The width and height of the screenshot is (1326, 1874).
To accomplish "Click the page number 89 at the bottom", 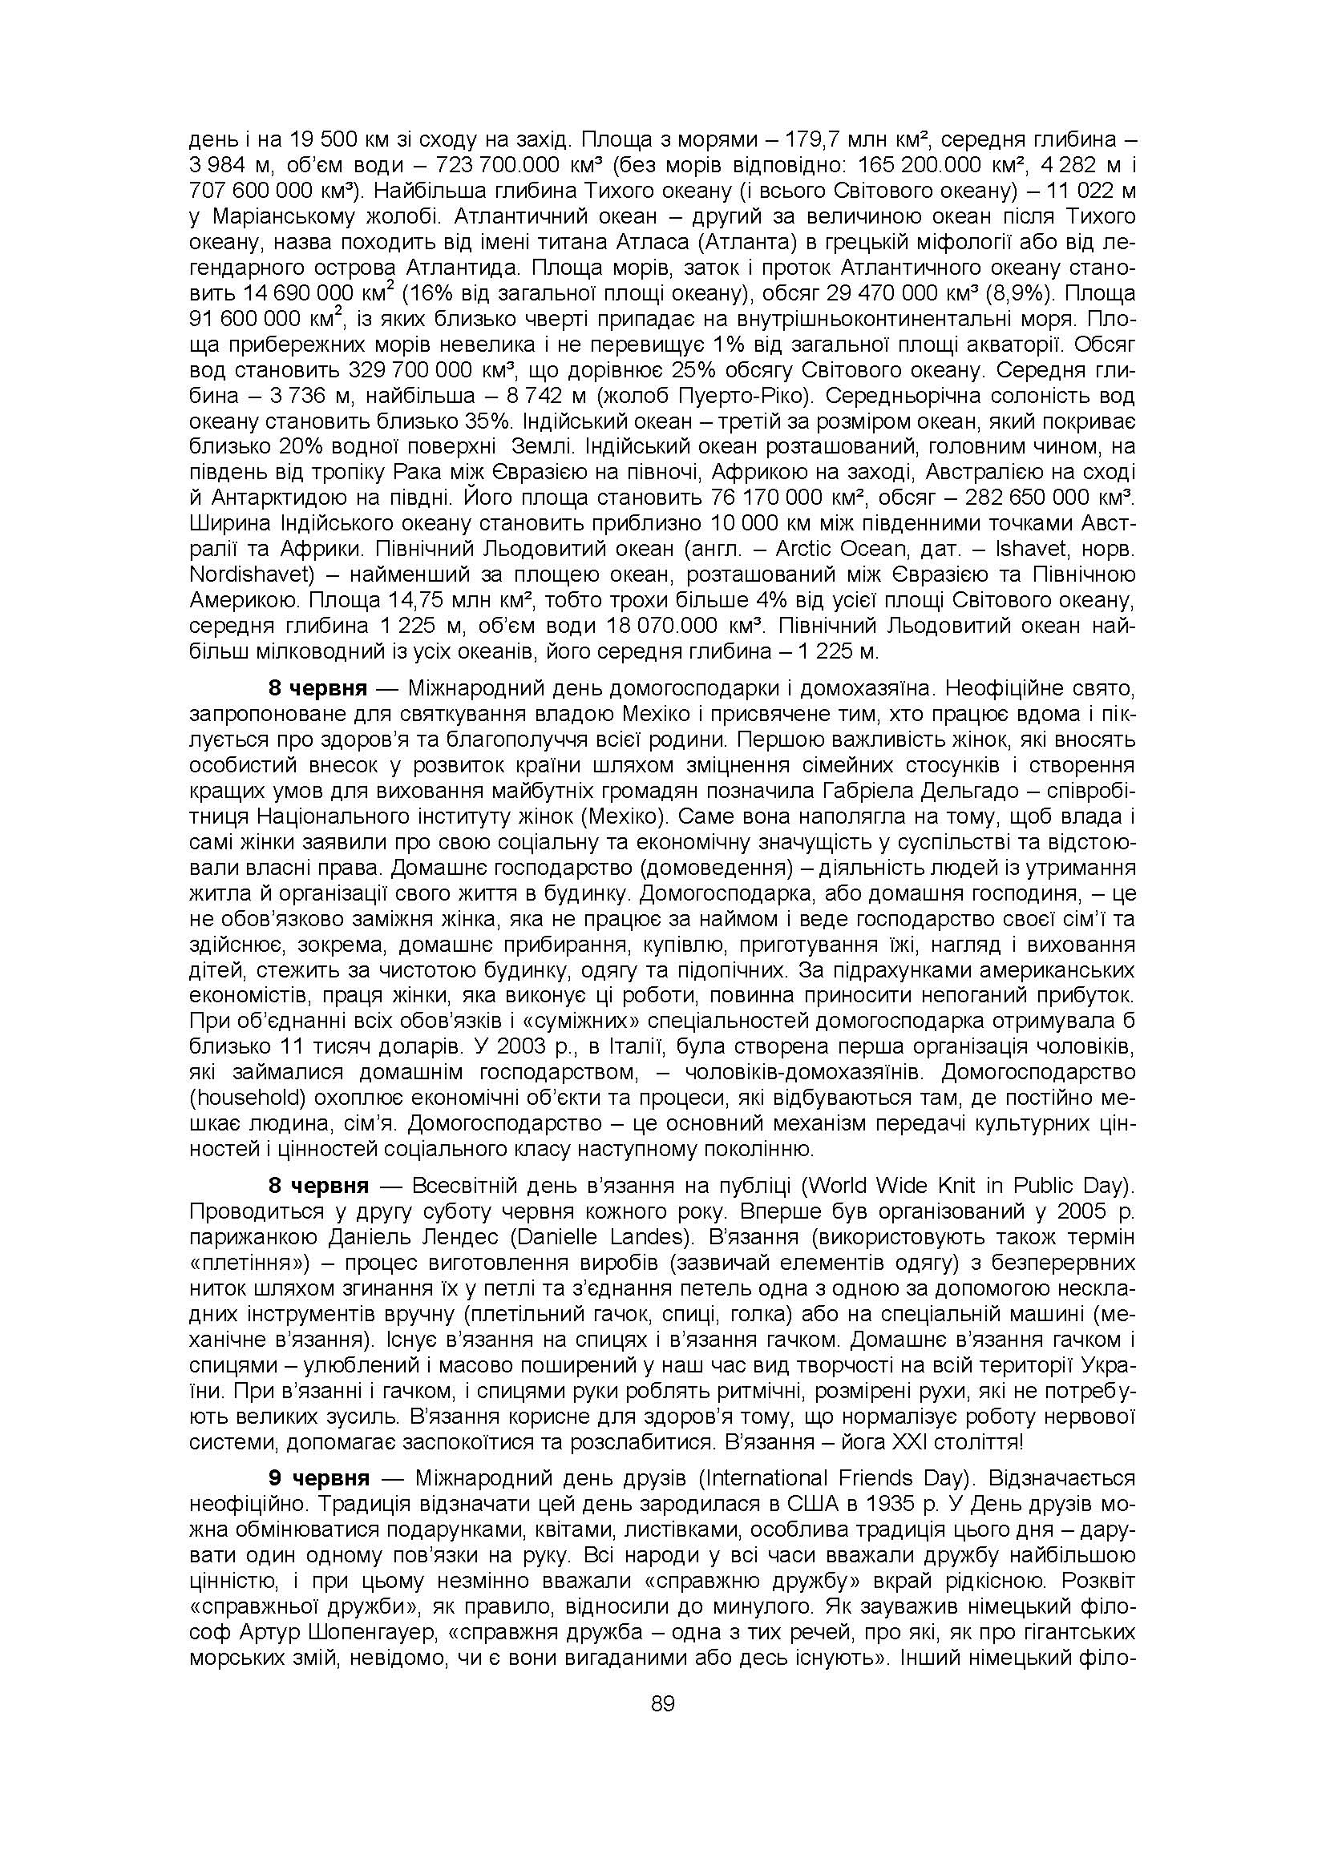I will point(662,1704).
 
